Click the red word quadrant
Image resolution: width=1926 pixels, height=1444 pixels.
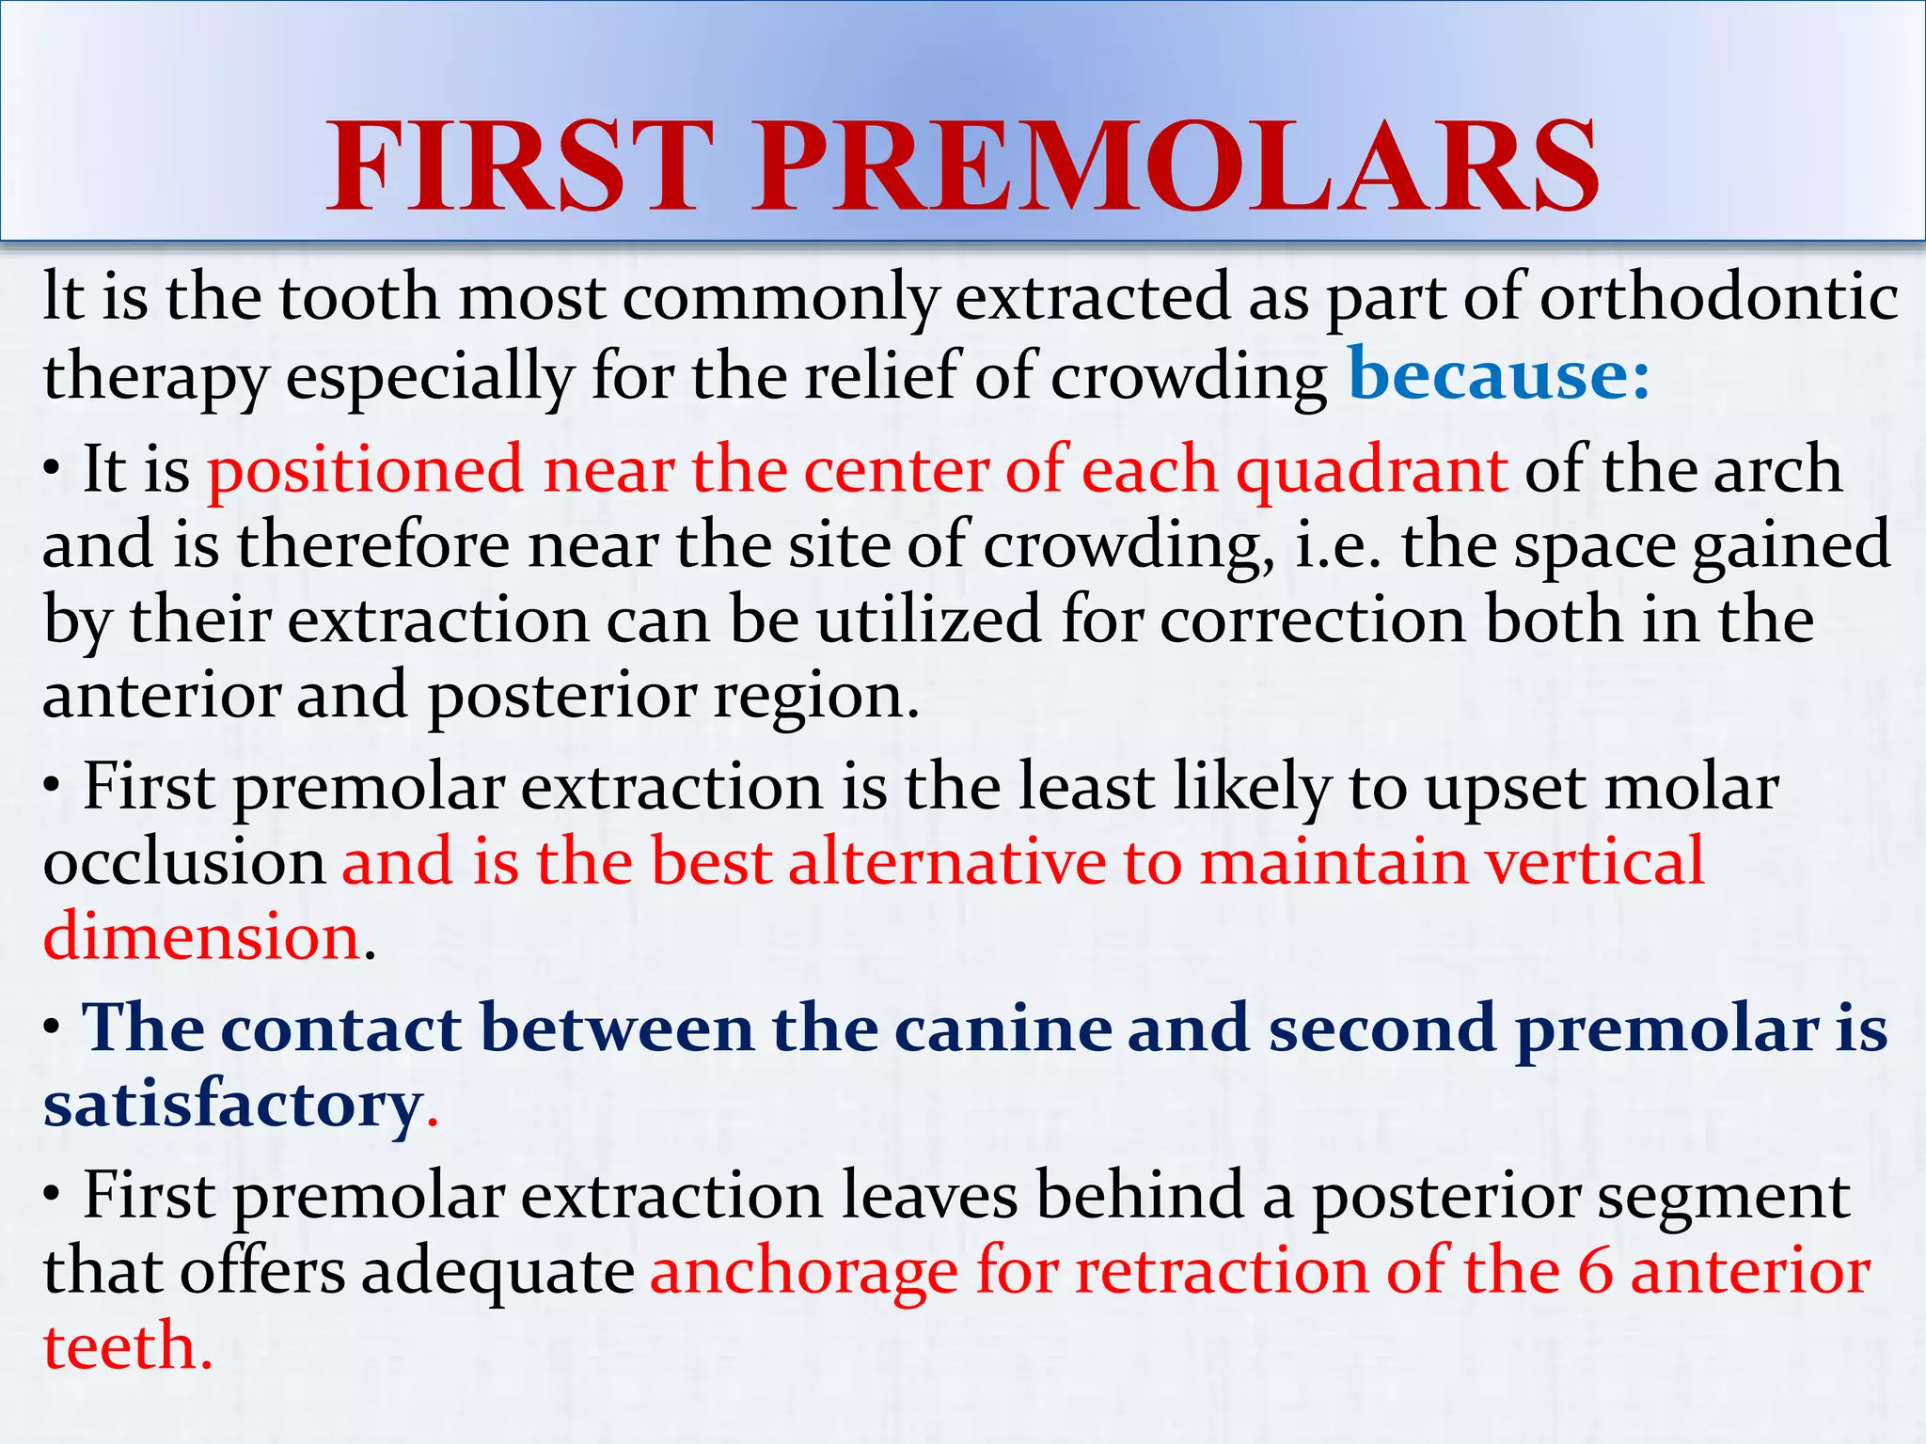click(x=1371, y=470)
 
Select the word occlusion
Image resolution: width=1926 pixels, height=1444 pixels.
click(x=184, y=863)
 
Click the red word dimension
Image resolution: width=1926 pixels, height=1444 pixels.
click(x=202, y=937)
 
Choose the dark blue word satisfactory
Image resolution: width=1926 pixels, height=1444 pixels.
click(x=232, y=1104)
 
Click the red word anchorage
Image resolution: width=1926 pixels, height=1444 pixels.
click(x=804, y=1272)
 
